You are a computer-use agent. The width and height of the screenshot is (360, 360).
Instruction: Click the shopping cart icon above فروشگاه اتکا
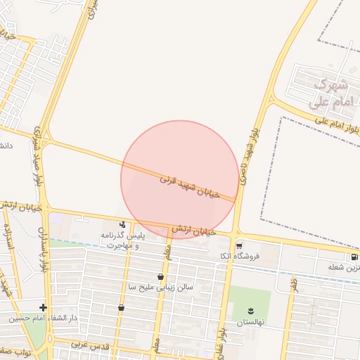[x=240, y=246]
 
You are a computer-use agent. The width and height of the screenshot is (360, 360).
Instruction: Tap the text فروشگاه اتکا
[x=240, y=256]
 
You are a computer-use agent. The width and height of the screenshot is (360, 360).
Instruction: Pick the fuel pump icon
[x=353, y=257]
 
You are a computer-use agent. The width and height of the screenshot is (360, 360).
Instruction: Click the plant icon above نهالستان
[x=251, y=311]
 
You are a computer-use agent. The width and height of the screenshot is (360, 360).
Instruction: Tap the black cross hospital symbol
[x=44, y=307]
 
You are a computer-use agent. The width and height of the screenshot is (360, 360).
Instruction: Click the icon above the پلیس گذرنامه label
[x=123, y=224]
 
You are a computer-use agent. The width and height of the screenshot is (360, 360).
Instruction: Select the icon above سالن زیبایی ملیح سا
[x=162, y=277]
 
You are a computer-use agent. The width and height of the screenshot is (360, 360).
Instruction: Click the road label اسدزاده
[x=10, y=239]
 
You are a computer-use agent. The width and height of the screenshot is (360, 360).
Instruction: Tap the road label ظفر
[x=295, y=285]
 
